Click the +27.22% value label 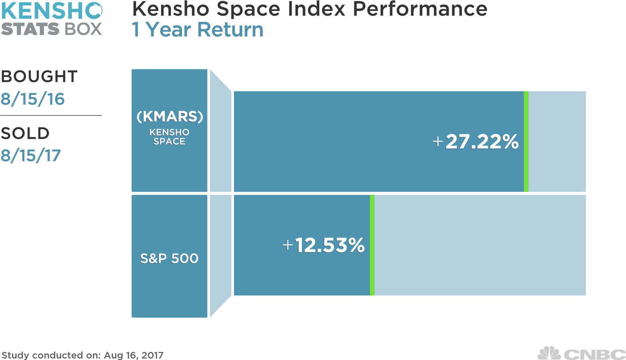(475, 142)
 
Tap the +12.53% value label (323, 245)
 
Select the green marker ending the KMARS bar (526, 142)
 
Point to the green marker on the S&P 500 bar (372, 245)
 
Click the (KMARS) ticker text (170, 117)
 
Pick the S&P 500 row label (169, 258)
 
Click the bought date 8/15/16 (33, 99)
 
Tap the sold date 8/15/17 (31, 156)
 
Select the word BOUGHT (39, 77)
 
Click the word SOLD (25, 133)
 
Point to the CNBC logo (582, 354)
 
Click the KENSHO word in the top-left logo (51, 11)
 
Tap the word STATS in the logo (30, 29)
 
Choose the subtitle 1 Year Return (197, 30)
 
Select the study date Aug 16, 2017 (133, 355)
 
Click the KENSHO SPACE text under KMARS (169, 137)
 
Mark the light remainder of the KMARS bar (557, 142)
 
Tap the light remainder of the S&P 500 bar (480, 245)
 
